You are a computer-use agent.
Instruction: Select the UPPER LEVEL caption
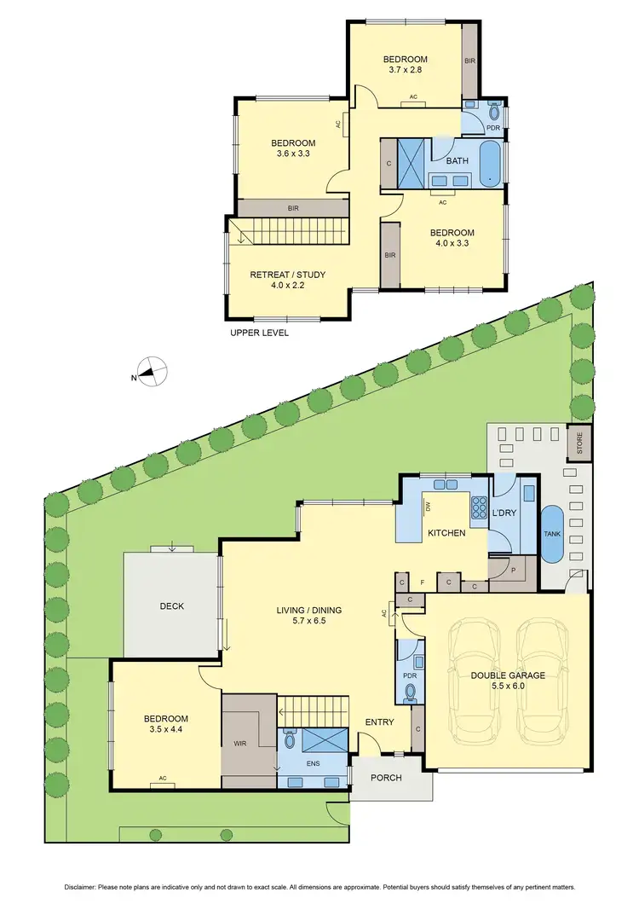click(x=259, y=333)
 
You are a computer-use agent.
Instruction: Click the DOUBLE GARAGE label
click(x=508, y=675)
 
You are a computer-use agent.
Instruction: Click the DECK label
click(x=172, y=606)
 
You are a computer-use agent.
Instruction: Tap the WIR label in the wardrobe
click(x=243, y=743)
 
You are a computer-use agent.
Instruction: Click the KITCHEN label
click(x=446, y=533)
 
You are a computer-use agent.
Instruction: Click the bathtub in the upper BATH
click(x=491, y=164)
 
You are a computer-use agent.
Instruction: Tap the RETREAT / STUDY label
click(x=287, y=275)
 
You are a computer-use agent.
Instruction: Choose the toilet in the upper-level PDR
click(x=494, y=112)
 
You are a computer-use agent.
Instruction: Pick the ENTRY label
click(x=379, y=722)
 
